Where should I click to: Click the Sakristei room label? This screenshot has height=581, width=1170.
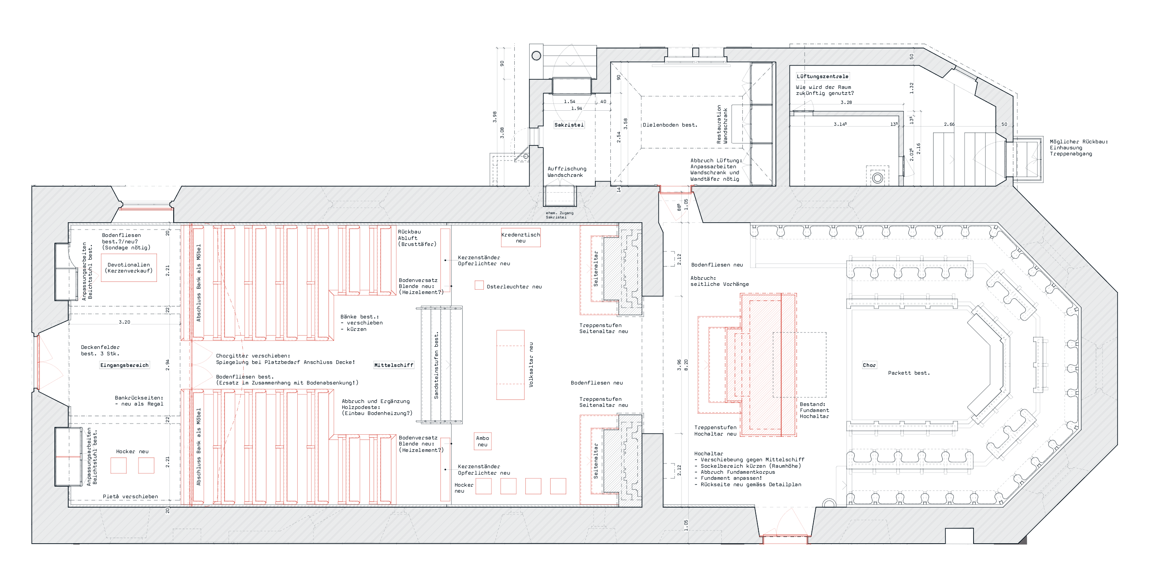pyautogui.click(x=569, y=125)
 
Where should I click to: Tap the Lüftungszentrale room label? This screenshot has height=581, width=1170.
pyautogui.click(x=822, y=76)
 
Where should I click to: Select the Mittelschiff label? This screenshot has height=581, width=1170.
pyautogui.click(x=393, y=365)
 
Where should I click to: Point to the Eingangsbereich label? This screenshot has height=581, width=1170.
pyautogui.click(x=124, y=365)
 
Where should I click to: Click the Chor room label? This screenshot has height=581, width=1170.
pyautogui.click(x=869, y=365)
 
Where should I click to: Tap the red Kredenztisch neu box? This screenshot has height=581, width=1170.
pyautogui.click(x=521, y=238)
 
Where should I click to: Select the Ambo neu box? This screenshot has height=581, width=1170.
pyautogui.click(x=482, y=441)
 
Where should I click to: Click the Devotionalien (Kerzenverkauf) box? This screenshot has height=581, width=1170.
pyautogui.click(x=129, y=268)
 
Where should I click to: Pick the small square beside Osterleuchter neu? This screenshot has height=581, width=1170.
pyautogui.click(x=479, y=285)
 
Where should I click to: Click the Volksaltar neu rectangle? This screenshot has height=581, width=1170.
pyautogui.click(x=510, y=365)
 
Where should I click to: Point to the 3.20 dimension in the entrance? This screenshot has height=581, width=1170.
pyautogui.click(x=124, y=322)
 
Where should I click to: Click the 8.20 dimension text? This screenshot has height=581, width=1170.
pyautogui.click(x=686, y=365)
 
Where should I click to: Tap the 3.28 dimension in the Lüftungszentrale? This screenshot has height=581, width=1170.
pyautogui.click(x=846, y=103)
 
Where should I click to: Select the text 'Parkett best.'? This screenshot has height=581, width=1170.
pyautogui.click(x=908, y=373)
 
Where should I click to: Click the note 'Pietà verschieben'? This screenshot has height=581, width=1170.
pyautogui.click(x=130, y=496)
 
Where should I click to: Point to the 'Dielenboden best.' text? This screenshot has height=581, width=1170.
pyautogui.click(x=669, y=125)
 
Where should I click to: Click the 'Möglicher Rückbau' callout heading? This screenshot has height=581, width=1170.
pyautogui.click(x=1078, y=142)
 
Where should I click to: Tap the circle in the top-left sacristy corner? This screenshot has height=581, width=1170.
pyautogui.click(x=537, y=56)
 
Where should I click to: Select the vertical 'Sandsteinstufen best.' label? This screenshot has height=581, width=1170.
pyautogui.click(x=436, y=365)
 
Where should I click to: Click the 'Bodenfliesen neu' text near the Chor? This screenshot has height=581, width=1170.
pyautogui.click(x=717, y=265)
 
